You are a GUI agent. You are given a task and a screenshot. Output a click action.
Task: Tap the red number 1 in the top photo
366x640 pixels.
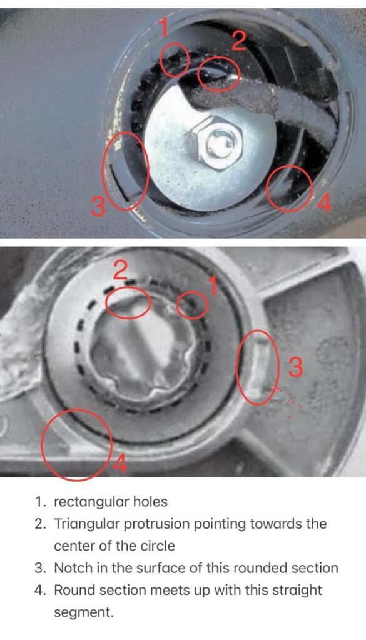[x=164, y=29]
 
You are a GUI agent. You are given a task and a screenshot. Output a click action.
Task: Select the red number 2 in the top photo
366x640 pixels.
[x=238, y=41]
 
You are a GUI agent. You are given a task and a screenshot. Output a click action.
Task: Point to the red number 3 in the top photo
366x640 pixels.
[x=98, y=206]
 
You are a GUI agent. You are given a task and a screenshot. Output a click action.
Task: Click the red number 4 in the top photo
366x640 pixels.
[x=323, y=203]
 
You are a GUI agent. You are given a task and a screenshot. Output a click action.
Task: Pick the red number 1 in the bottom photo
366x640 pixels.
[x=211, y=286]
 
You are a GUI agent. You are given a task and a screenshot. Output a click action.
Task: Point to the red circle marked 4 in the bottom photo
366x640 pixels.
[x=43, y=445]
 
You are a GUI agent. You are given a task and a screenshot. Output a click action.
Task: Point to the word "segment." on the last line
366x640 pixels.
[x=84, y=613]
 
